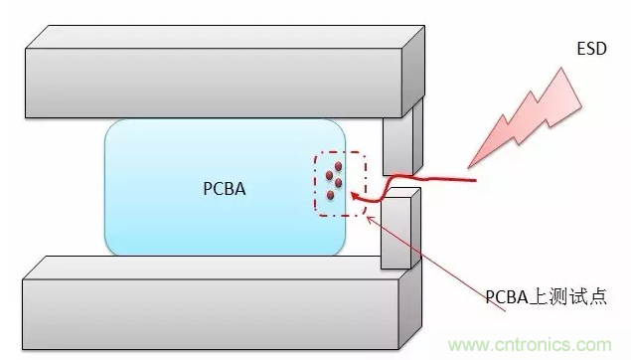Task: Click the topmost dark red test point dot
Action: tap(339, 166)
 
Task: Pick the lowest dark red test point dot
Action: tap(329, 193)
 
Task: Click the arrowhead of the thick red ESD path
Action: tap(352, 198)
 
